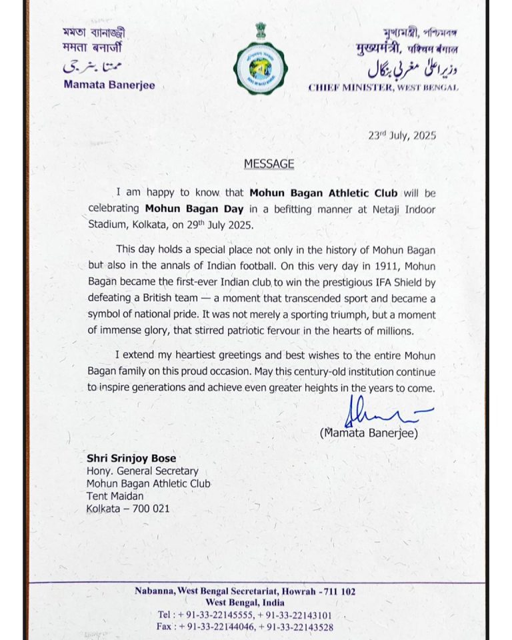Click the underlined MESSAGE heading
(269, 163)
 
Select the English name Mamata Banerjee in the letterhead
(109, 85)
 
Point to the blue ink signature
(380, 413)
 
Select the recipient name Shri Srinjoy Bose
(131, 459)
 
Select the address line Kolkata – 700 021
(128, 508)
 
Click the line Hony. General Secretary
(143, 471)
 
